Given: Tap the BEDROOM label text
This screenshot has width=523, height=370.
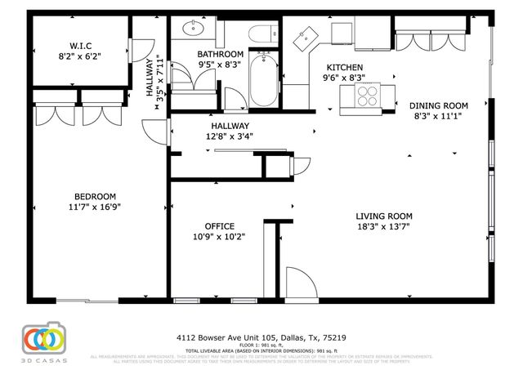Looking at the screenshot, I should tap(95, 196).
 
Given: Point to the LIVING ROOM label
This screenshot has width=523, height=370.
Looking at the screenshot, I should tap(383, 216).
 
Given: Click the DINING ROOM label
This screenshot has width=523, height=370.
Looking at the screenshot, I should tap(438, 105).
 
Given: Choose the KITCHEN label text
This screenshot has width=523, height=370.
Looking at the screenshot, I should tap(345, 68).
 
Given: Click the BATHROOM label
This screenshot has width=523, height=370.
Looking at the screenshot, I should tap(221, 54).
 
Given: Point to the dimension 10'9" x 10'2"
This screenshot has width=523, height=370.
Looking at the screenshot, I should tap(219, 237).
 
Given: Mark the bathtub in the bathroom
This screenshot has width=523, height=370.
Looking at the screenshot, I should tap(263, 79).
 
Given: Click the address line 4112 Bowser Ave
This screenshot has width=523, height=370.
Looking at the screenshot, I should tap(265, 336).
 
